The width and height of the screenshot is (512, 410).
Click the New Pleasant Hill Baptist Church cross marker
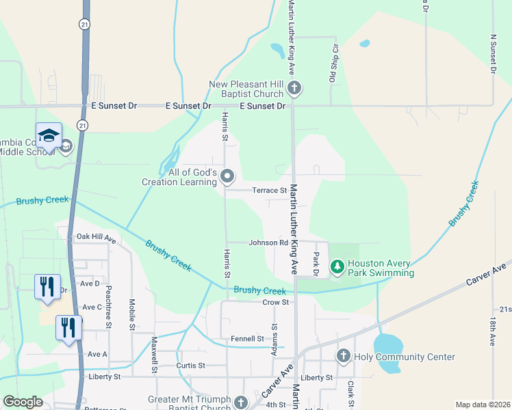pos(294,87)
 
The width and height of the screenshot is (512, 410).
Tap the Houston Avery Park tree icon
pos(337,266)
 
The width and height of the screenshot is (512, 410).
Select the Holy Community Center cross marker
pos(344,356)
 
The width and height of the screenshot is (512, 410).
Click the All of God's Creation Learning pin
pos(228,178)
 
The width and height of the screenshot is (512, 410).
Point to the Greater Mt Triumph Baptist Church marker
pos(240,402)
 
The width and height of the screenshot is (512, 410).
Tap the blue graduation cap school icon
pos(49,137)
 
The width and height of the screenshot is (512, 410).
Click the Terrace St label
pos(269,191)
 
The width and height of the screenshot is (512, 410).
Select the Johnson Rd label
pos(268,243)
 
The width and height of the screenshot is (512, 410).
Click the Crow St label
pos(276,302)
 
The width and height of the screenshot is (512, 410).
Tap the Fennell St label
pos(247,338)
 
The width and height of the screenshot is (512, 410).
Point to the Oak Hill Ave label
pos(97,238)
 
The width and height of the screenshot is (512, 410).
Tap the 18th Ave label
pos(492,330)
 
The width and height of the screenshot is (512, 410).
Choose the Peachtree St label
pos(109,307)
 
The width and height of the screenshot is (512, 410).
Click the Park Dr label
pos(316,261)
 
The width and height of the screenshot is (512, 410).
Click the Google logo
pos(23,402)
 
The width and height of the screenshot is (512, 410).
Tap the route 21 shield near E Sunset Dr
pos(83,126)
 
